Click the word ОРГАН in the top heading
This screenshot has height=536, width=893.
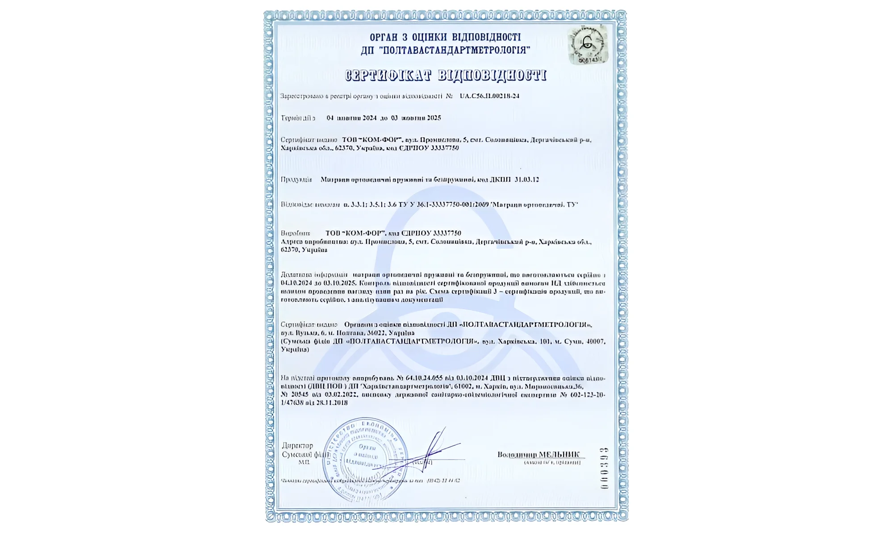[x=383, y=37]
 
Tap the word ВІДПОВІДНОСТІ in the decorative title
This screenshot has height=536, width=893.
[x=492, y=75]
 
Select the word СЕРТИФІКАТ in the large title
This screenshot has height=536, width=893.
[x=388, y=75]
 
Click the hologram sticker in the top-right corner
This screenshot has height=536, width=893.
[x=588, y=45]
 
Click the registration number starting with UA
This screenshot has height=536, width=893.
[x=489, y=96]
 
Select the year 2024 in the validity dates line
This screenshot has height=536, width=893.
[x=369, y=118]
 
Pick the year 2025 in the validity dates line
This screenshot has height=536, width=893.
[x=434, y=118]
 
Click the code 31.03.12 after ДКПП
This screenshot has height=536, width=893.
[x=526, y=180]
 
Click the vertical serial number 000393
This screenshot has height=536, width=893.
[x=604, y=468]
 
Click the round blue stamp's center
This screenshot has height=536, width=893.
[x=365, y=460]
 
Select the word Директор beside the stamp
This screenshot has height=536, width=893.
[x=298, y=446]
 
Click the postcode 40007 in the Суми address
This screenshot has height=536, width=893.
[x=596, y=342]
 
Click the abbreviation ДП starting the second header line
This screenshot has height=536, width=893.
[x=367, y=50]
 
